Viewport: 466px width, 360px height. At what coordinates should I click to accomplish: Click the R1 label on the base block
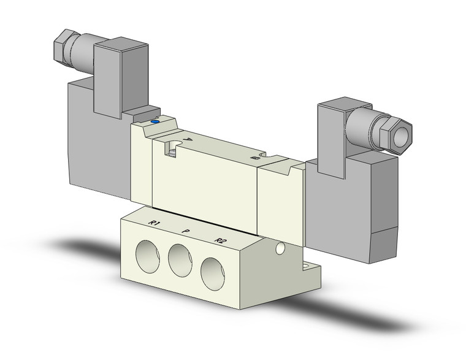(155, 224)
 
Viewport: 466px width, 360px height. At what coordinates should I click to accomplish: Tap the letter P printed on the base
(186, 231)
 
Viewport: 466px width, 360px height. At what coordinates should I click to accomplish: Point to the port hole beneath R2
(212, 270)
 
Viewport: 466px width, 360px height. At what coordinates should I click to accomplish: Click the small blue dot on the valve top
(155, 122)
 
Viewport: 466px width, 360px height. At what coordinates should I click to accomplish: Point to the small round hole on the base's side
(280, 248)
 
